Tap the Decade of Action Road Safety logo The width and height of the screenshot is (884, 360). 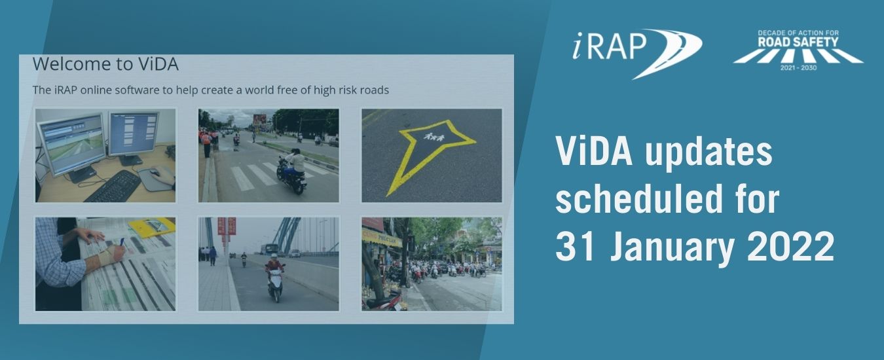tap(798, 50)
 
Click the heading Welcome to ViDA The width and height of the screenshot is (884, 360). tap(105, 64)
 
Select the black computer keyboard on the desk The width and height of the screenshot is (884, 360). tap(111, 187)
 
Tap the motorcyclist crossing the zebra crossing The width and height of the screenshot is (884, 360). tap(292, 171)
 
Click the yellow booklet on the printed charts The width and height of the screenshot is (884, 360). tap(152, 226)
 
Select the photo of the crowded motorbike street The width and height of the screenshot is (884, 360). tap(432, 264)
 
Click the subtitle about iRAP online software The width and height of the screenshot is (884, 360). tap(210, 90)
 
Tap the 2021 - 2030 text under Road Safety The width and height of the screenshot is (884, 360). tap(798, 68)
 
